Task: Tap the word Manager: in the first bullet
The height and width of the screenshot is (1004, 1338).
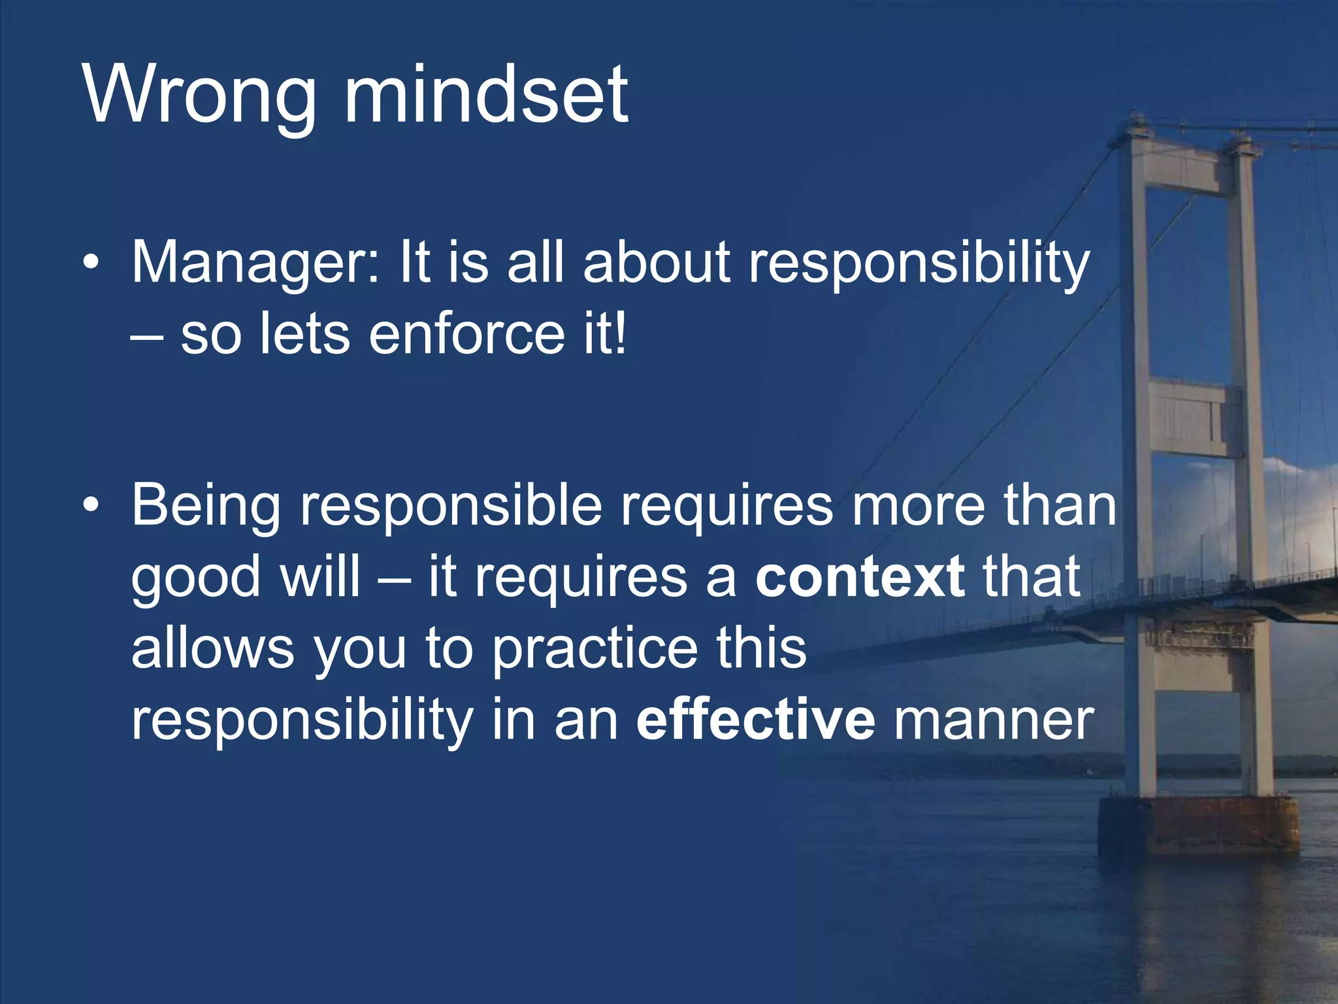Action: point(255,263)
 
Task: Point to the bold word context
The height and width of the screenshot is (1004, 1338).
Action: point(860,577)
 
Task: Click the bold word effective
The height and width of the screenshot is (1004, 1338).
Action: point(755,720)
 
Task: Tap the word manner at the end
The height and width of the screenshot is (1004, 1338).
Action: point(993,720)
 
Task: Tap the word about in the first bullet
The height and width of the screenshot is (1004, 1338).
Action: point(656,263)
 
